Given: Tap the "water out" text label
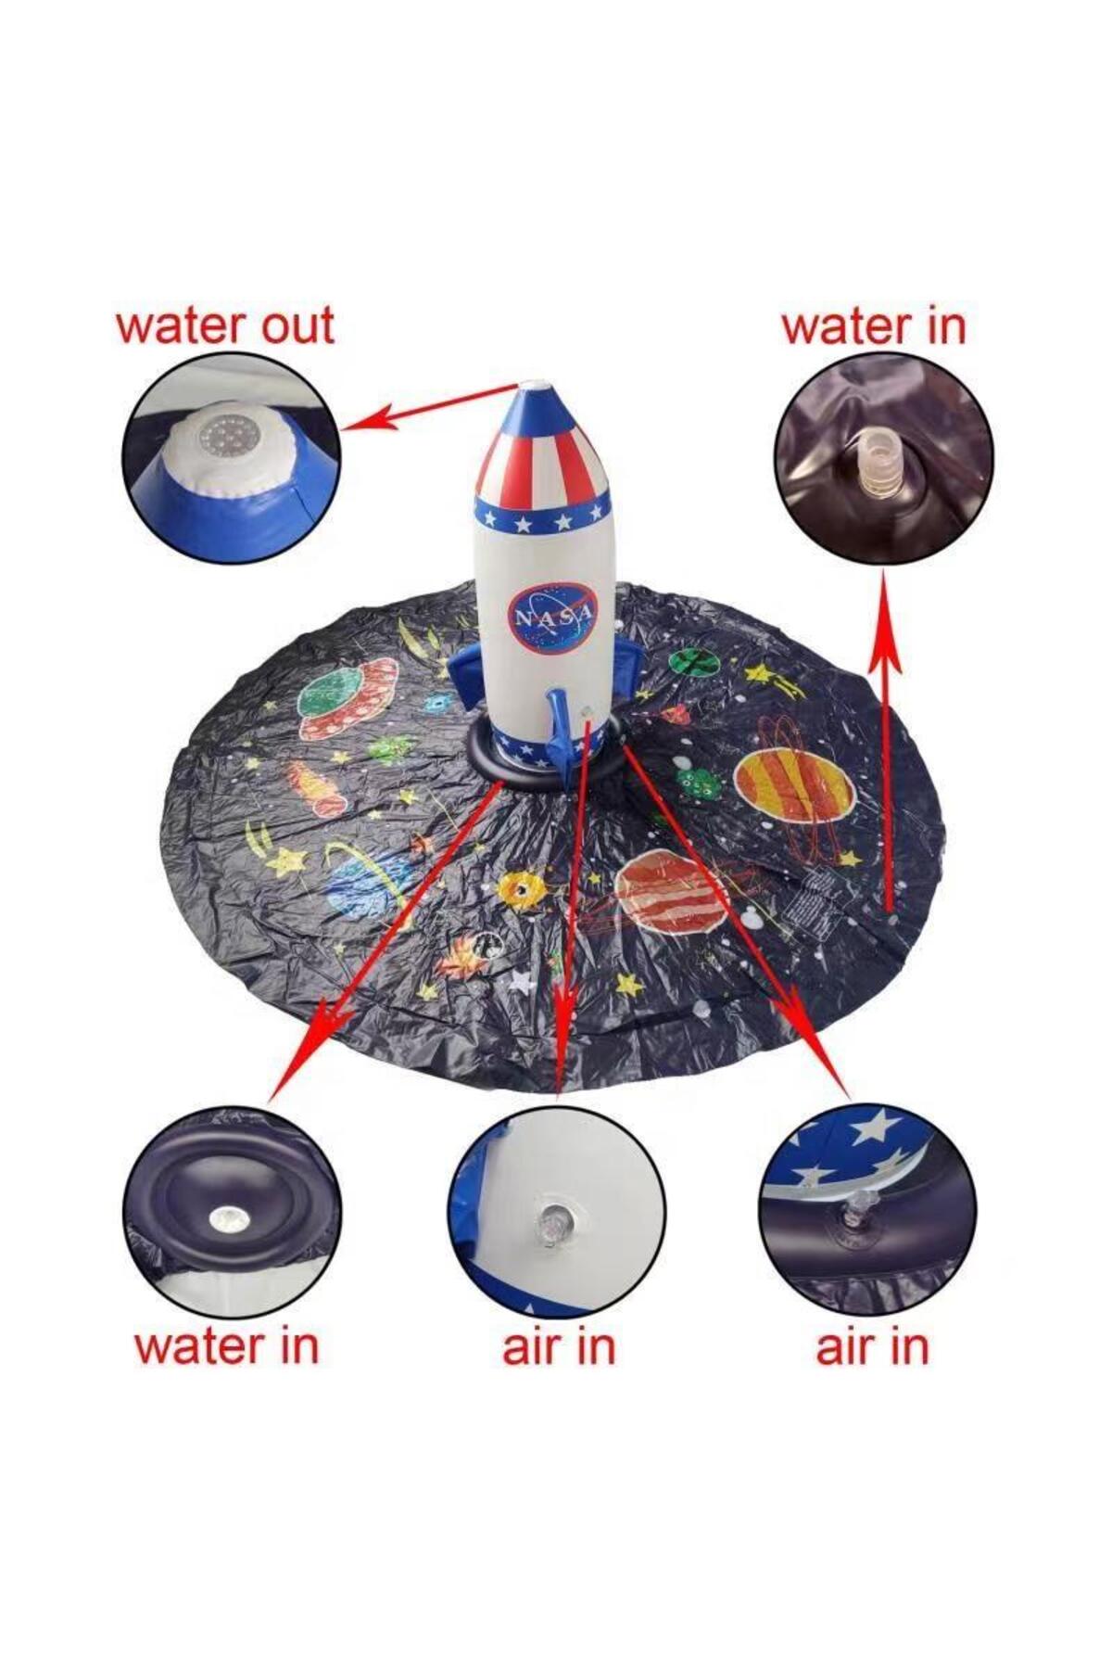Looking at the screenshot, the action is pyautogui.click(x=224, y=325).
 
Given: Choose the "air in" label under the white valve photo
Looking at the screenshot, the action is pyautogui.click(x=559, y=1347).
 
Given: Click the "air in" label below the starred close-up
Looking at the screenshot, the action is pyautogui.click(x=872, y=1347).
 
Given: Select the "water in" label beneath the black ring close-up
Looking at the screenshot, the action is pyautogui.click(x=226, y=1346).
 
